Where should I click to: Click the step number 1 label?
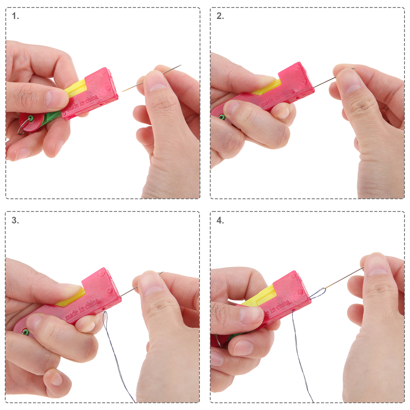coord(15,16)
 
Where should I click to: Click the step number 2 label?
coord(220,16)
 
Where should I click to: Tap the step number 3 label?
coord(15,220)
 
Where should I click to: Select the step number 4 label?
coord(220,220)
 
